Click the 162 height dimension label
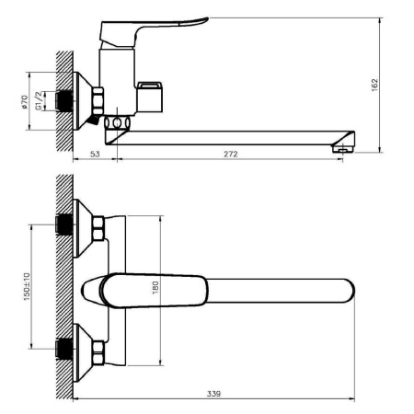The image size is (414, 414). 374,85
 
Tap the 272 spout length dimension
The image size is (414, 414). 231,154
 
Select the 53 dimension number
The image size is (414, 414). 95,154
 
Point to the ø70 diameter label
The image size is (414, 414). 24,102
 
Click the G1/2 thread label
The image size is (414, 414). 38,101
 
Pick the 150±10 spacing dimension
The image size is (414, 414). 27,286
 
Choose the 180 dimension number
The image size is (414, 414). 155,288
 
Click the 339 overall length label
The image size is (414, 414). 213,394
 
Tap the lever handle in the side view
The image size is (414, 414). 154,30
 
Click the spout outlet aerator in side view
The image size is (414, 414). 343,149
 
